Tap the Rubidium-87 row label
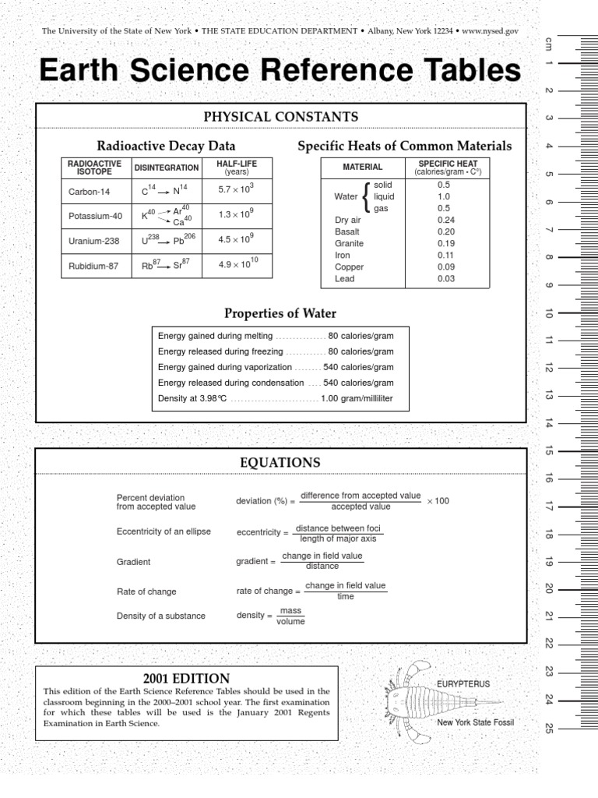pyautogui.click(x=93, y=266)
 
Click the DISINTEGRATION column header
pyautogui.click(x=167, y=168)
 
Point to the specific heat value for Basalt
pyautogui.click(x=445, y=231)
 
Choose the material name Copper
pyautogui.click(x=349, y=267)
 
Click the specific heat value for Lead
pyautogui.click(x=445, y=278)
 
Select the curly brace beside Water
pyautogui.click(x=366, y=196)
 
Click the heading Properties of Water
pyautogui.click(x=280, y=313)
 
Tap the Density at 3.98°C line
pyautogui.click(x=275, y=399)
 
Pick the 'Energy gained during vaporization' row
pyautogui.click(x=275, y=367)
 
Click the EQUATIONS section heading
pyautogui.click(x=280, y=463)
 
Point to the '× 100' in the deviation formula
pyautogui.click(x=438, y=501)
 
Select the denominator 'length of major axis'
pyautogui.click(x=338, y=538)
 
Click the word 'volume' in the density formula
pyautogui.click(x=290, y=622)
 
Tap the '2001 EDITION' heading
pyautogui.click(x=186, y=679)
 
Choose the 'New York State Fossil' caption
pyautogui.click(x=475, y=722)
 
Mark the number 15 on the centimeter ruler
pyautogui.click(x=549, y=450)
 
